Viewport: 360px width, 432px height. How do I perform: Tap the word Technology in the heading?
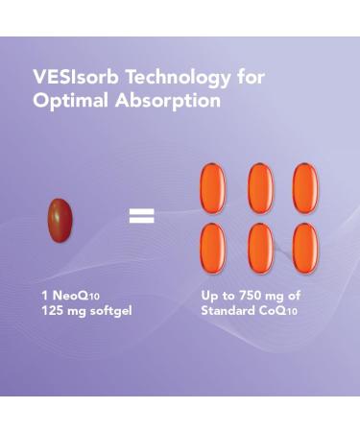(167, 77)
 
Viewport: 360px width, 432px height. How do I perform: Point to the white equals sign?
(141, 216)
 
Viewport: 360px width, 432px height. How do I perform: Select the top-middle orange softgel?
(259, 187)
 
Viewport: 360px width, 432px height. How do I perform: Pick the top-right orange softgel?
(305, 187)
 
